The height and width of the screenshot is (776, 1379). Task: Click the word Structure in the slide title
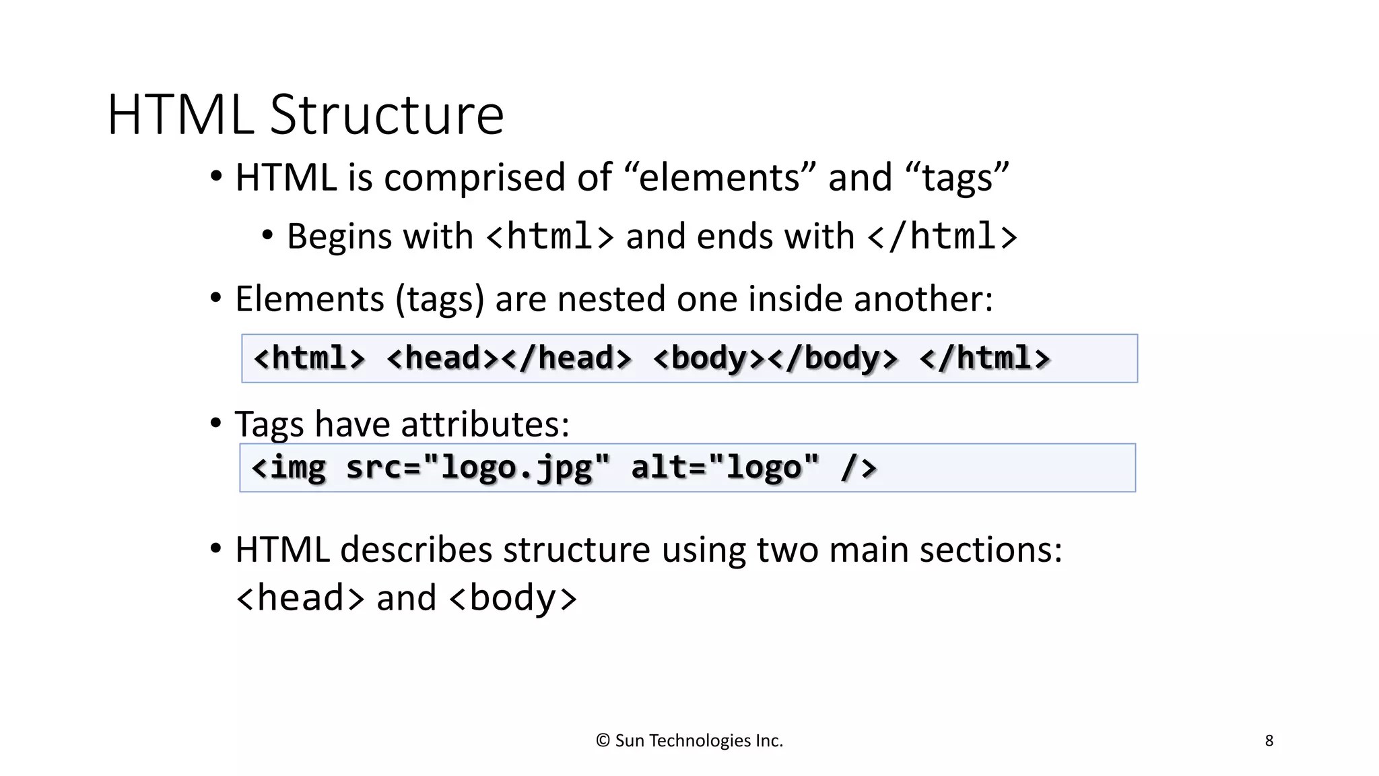pyautogui.click(x=386, y=115)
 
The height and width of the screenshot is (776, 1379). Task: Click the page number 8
pyautogui.click(x=1269, y=741)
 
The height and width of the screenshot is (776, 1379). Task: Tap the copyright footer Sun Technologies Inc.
pyautogui.click(x=689, y=741)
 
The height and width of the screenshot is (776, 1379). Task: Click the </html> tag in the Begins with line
pyautogui.click(x=942, y=236)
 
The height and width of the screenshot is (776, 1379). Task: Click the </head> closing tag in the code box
pyautogui.click(x=567, y=358)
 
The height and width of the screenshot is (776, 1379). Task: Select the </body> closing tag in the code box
pyautogui.click(x=833, y=358)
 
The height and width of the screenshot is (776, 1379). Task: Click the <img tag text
pyautogui.click(x=289, y=467)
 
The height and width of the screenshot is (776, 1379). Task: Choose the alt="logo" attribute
pyautogui.click(x=725, y=467)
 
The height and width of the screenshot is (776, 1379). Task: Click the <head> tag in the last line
pyautogui.click(x=300, y=598)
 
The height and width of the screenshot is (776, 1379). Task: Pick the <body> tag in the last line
pyautogui.click(x=512, y=598)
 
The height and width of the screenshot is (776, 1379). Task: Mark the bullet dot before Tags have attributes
pyautogui.click(x=215, y=423)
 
